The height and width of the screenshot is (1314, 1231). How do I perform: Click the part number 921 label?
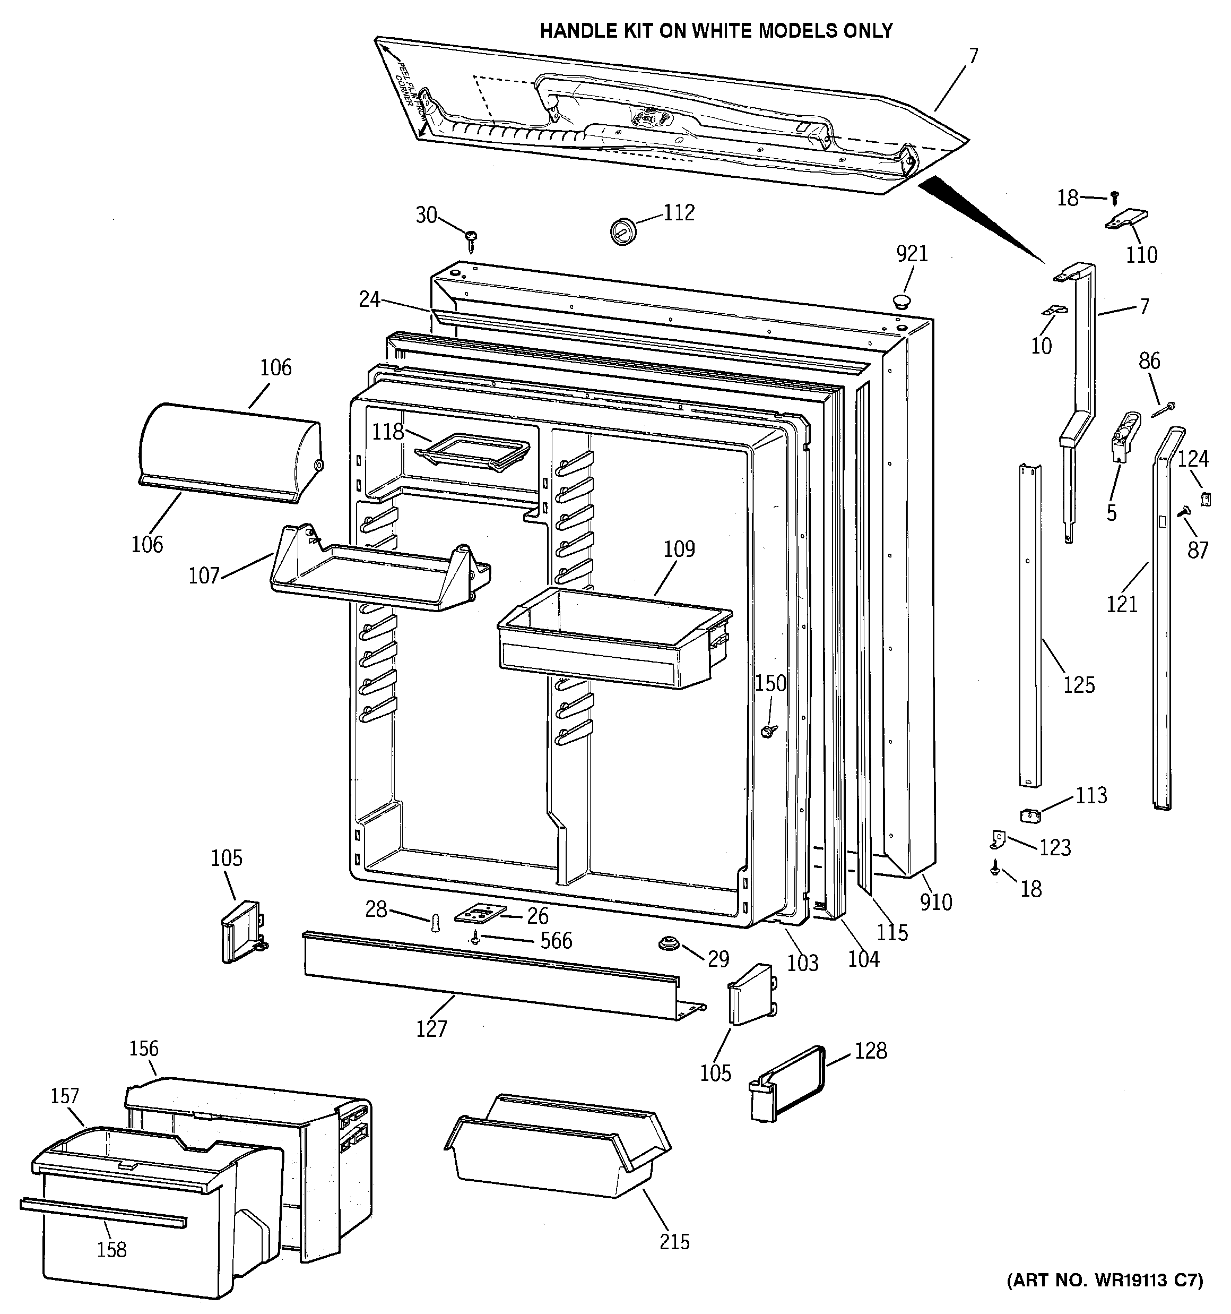pos(912,254)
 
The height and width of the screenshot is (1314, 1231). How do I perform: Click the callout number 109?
pos(679,549)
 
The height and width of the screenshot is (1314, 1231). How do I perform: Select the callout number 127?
pos(431,1028)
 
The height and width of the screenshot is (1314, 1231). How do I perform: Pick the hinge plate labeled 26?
pos(480,914)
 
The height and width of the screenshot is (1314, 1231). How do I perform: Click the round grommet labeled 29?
pos(669,943)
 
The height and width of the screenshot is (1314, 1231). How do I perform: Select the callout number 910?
pos(935,902)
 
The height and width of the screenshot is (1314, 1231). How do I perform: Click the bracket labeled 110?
pos(1127,220)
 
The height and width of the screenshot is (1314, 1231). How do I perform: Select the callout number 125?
pos(1079,685)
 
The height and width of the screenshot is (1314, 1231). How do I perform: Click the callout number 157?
pos(65,1095)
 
